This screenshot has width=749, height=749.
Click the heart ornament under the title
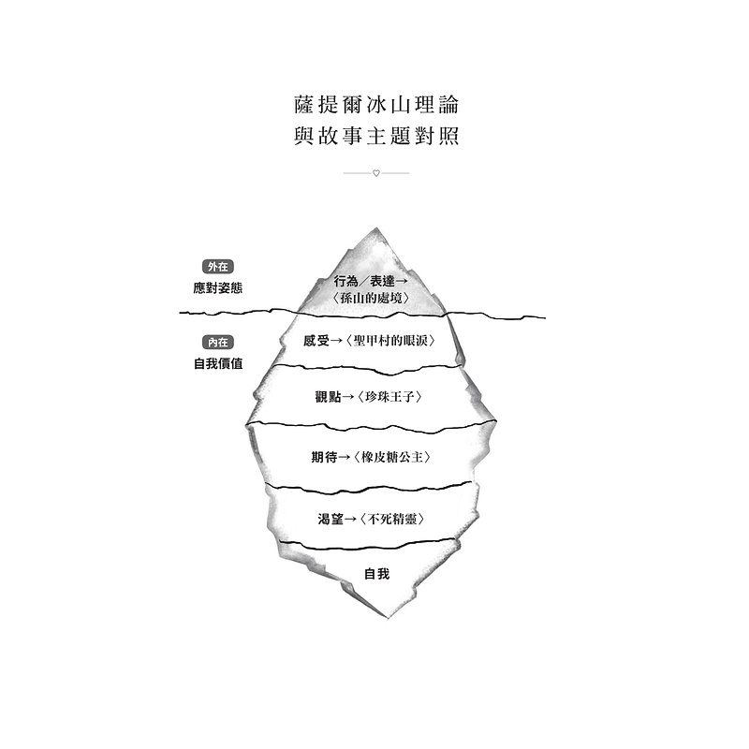coord(376,173)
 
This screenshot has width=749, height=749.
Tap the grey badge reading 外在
coord(218,267)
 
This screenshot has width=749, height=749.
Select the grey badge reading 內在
coord(218,343)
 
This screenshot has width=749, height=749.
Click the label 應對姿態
coord(218,288)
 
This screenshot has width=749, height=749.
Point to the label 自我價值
coord(218,363)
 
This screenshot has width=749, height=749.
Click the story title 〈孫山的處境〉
coord(371,298)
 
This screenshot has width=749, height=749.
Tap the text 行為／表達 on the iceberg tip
coord(364,281)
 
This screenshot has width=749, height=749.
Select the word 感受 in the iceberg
coord(316,341)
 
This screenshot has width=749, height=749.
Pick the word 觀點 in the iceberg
coord(329,397)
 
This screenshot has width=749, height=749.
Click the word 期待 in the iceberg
coord(324,458)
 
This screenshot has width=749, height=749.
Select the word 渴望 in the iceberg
coord(330,520)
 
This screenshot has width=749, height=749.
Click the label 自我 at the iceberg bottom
coord(377,574)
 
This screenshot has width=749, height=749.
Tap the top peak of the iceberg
coord(376,228)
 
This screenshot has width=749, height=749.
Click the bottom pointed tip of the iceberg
coord(387,618)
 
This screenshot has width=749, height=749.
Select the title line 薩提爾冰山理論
coord(376,105)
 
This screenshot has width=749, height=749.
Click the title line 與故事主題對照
coord(376,136)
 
